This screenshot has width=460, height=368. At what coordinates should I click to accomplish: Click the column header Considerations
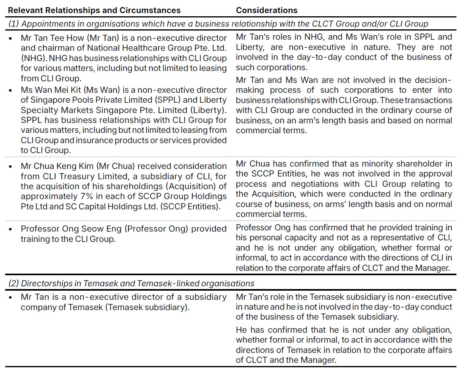click(266, 10)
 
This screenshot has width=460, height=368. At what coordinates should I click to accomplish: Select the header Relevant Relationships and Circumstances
click(94, 10)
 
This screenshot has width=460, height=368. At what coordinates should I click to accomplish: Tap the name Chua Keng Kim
click(59, 166)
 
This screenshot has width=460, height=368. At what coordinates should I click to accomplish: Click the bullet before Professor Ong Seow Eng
click(11, 229)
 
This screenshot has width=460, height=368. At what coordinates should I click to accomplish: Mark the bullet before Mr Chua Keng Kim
click(11, 166)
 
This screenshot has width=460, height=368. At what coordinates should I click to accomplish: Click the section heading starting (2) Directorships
click(131, 283)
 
